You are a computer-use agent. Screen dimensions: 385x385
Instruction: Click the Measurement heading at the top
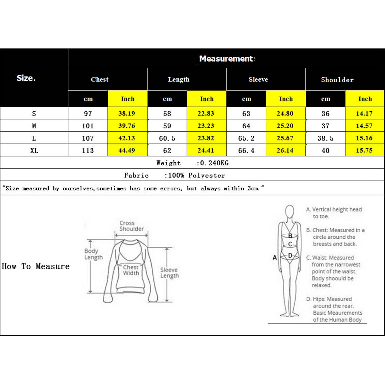pyautogui.click(x=226, y=59)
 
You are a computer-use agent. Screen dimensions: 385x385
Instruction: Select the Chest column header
pyautogui.click(x=99, y=80)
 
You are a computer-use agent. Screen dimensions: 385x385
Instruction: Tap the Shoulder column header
pyautogui.click(x=337, y=80)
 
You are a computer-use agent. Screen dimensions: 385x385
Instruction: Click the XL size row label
pyautogui.click(x=34, y=150)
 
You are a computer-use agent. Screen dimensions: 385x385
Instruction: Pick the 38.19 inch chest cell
pyautogui.click(x=127, y=114)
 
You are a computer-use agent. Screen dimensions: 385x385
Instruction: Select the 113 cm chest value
pyautogui.click(x=88, y=150)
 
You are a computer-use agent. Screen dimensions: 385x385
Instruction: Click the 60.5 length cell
pyautogui.click(x=167, y=138)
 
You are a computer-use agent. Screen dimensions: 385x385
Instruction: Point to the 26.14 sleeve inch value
pyautogui.click(x=285, y=150)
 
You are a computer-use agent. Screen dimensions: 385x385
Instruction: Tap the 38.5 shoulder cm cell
pyautogui.click(x=325, y=138)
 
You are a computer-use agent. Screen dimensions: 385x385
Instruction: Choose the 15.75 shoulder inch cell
pyautogui.click(x=364, y=150)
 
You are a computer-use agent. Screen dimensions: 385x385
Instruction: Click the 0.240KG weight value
pyautogui.click(x=214, y=163)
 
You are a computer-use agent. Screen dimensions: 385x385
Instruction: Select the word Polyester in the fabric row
pyautogui.click(x=207, y=175)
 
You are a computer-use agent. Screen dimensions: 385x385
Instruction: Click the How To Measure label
pyautogui.click(x=36, y=266)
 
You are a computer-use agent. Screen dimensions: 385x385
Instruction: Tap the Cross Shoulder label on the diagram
pyautogui.click(x=131, y=226)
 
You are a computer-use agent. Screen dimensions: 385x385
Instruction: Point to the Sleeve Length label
pyautogui.click(x=169, y=273)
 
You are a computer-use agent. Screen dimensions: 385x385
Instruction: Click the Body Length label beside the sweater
pyautogui.click(x=93, y=254)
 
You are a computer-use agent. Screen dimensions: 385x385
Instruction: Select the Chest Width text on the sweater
pyautogui.click(x=131, y=270)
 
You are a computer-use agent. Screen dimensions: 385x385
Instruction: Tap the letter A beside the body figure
pyautogui.click(x=275, y=257)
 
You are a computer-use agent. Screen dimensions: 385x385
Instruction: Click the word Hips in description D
pyautogui.click(x=319, y=299)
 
